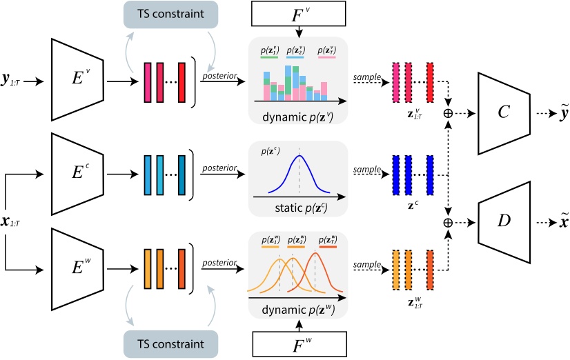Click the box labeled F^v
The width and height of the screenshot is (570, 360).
tap(299, 13)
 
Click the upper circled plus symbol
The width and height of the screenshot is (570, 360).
tap(449, 112)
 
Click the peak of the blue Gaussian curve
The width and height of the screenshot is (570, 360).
tap(299, 156)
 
